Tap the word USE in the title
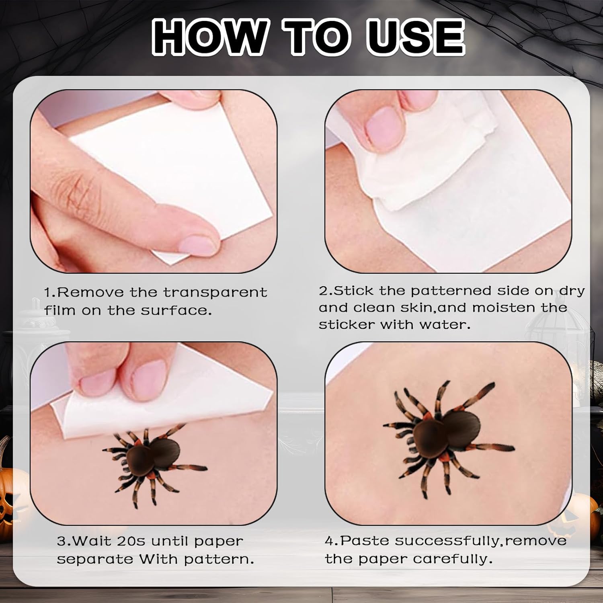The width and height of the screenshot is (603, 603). pos(415,37)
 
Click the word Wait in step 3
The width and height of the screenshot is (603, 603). pos(93,541)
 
